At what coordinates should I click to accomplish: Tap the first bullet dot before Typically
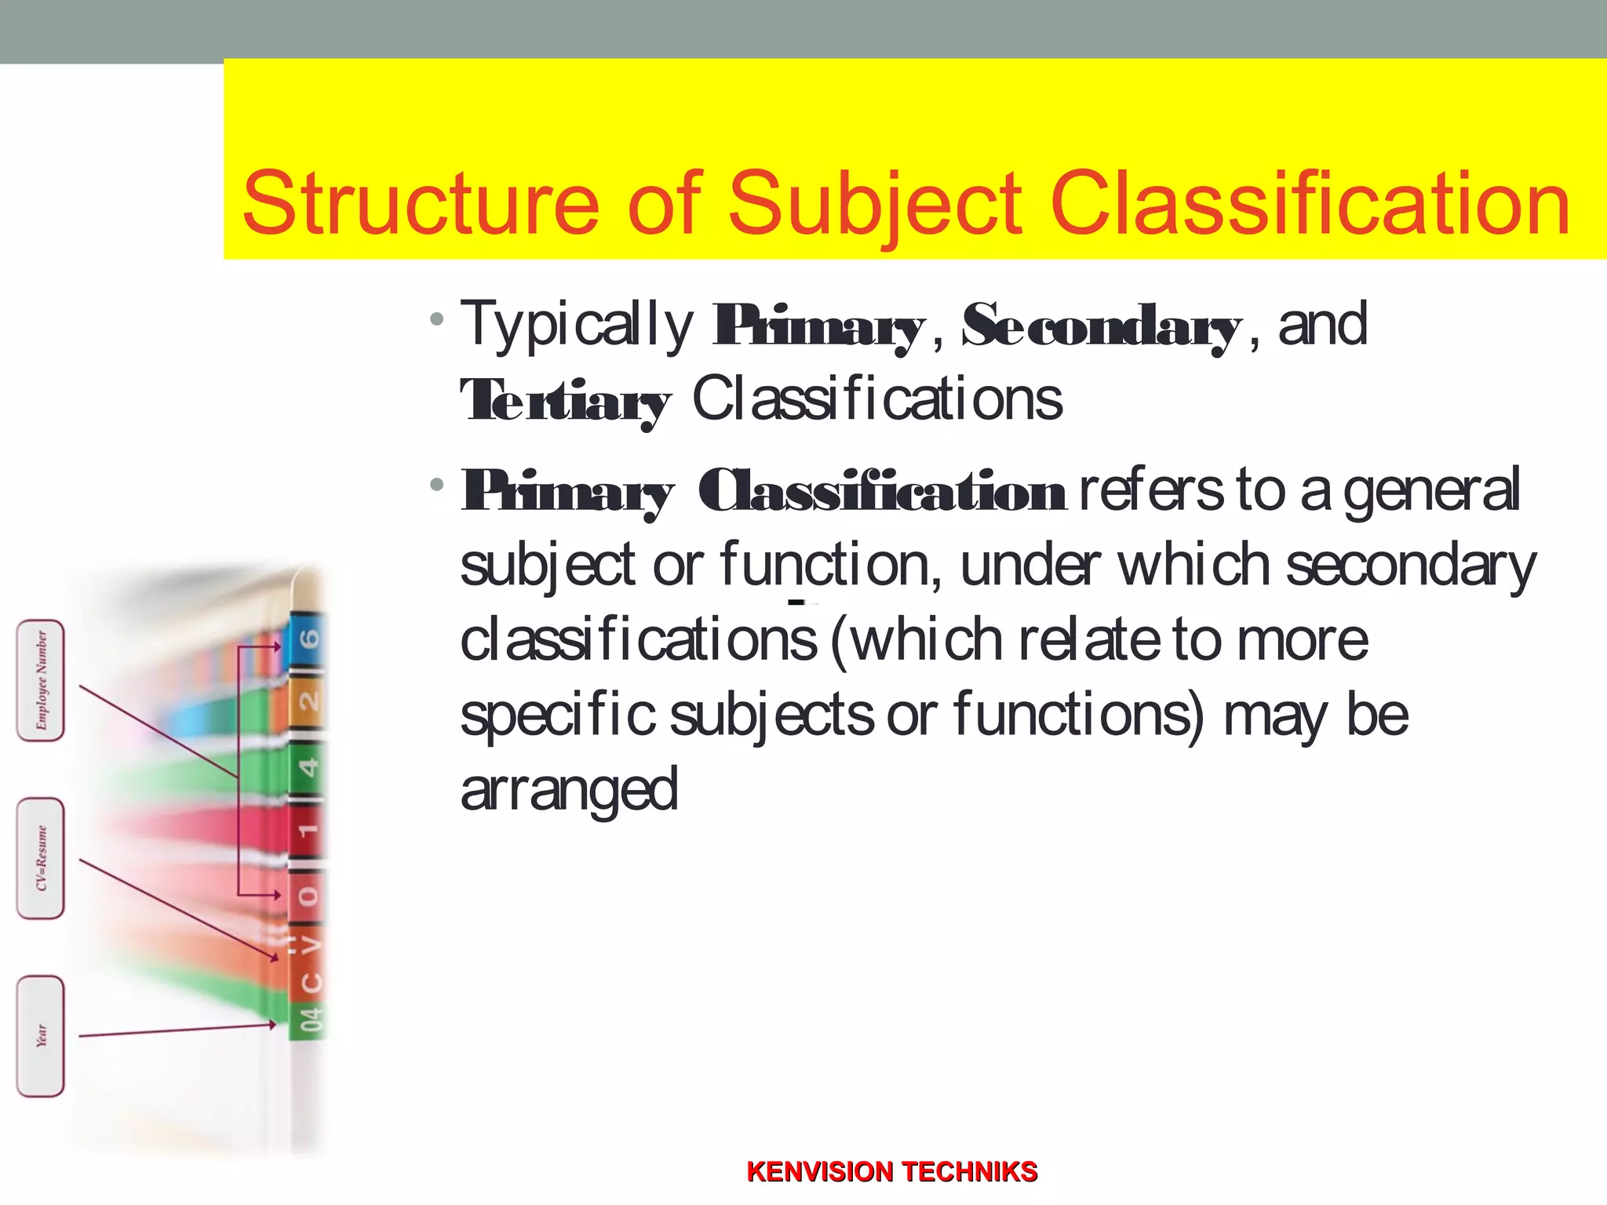point(437,319)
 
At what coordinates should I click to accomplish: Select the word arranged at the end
point(569,791)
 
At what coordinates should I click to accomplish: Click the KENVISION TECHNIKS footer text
point(892,1172)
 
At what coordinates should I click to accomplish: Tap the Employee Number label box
point(41,680)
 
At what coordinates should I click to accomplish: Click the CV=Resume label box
point(41,858)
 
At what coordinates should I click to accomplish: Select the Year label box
point(41,1036)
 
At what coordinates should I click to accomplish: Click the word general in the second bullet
point(1431,490)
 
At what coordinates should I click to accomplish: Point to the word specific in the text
point(557,715)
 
